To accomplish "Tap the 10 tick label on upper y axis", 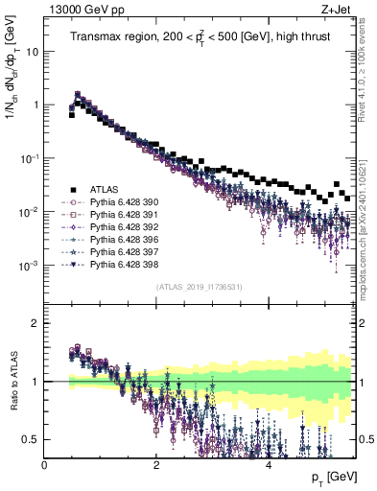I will click(x=33, y=52).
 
